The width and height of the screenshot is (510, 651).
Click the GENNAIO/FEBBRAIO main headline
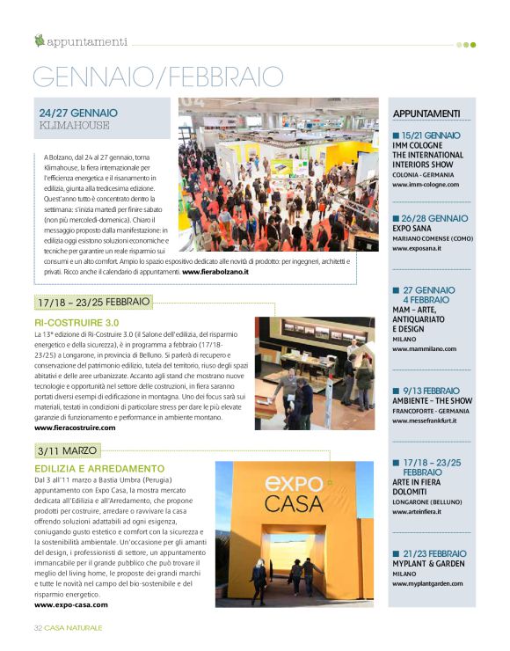click(158, 77)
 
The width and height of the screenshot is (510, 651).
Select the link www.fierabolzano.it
click(215, 273)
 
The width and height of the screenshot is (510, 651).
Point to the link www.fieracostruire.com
click(75, 428)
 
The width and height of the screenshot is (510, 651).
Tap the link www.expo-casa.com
click(71, 604)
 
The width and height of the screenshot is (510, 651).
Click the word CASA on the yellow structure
click(293, 505)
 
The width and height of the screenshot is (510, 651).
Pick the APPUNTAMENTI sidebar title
click(426, 113)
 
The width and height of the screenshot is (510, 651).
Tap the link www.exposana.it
click(417, 249)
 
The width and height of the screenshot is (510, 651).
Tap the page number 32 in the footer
click(39, 627)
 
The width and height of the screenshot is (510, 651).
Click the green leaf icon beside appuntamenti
click(39, 40)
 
